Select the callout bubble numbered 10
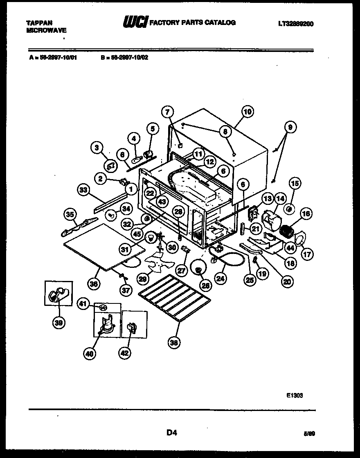click(x=247, y=111)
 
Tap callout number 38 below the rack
click(x=174, y=343)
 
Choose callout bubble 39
click(x=59, y=323)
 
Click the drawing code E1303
click(x=295, y=395)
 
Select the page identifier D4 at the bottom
click(x=171, y=433)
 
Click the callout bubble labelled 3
click(x=97, y=148)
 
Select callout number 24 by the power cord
click(x=221, y=279)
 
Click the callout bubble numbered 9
click(x=290, y=128)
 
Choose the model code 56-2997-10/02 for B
click(x=127, y=58)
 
